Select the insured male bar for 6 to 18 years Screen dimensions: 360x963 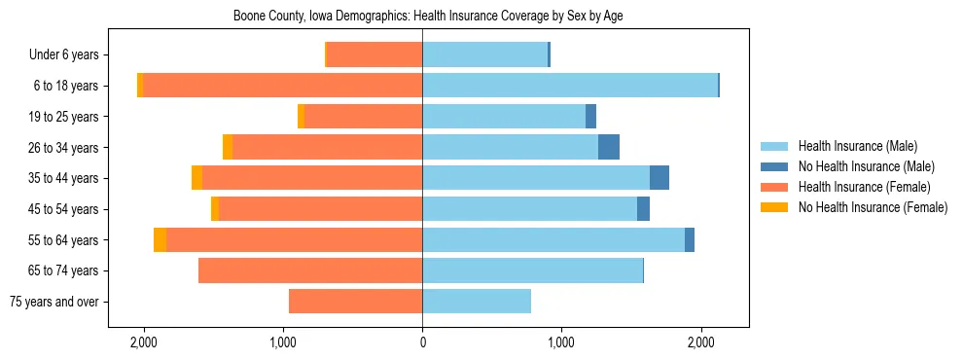(569, 86)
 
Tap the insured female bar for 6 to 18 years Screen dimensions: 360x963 (282, 86)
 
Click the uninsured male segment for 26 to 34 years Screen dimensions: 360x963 (609, 147)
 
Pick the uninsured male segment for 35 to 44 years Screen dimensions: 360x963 (660, 178)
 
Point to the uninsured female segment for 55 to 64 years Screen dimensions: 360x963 (160, 239)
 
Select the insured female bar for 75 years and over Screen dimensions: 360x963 (355, 302)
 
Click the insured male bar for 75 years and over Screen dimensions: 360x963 (477, 302)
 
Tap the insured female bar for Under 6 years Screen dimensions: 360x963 (374, 54)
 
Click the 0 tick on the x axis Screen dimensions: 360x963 (422, 343)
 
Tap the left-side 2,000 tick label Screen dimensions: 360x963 (144, 343)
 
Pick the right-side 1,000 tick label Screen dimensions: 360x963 (561, 343)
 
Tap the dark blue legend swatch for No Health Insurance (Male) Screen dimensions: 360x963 (774, 166)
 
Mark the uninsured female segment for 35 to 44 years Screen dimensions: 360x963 (196, 178)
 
